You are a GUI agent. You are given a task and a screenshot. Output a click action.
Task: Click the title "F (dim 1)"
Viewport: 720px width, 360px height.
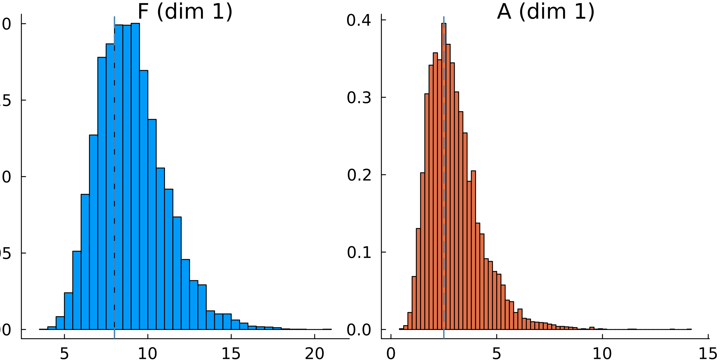click(x=185, y=12)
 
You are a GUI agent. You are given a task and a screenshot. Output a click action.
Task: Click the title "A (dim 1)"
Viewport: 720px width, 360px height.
click(x=545, y=12)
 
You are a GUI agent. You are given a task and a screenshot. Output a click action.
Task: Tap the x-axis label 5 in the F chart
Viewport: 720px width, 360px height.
click(x=64, y=353)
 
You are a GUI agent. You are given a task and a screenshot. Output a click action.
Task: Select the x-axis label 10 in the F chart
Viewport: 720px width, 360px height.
click(x=148, y=353)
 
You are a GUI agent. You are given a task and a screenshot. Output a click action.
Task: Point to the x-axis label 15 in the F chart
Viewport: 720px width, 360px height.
click(x=231, y=353)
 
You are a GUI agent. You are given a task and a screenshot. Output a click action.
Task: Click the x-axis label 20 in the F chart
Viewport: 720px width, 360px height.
click(x=314, y=353)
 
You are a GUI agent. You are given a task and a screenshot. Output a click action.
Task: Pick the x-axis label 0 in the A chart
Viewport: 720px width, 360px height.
click(x=391, y=353)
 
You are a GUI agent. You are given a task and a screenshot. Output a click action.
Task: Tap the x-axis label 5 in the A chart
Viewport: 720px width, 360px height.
click(x=496, y=353)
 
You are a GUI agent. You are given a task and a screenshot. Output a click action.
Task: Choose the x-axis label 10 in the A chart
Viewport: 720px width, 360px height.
click(x=602, y=353)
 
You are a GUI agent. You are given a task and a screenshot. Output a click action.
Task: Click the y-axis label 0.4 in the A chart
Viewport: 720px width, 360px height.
click(x=359, y=20)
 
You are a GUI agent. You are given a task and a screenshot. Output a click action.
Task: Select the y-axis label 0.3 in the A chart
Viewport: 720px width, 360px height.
click(x=359, y=98)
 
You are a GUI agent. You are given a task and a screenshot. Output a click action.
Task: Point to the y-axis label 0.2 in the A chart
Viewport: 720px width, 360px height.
click(x=359, y=175)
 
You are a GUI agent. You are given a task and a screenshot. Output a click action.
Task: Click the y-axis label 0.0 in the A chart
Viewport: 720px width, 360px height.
click(x=359, y=330)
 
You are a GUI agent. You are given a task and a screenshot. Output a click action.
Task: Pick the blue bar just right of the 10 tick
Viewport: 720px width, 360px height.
click(x=152, y=225)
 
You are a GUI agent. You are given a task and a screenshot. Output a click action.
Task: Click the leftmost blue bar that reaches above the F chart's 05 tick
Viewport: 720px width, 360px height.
click(x=77, y=291)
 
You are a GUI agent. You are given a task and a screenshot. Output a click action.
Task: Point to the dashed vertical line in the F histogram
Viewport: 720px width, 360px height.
click(x=114, y=180)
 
